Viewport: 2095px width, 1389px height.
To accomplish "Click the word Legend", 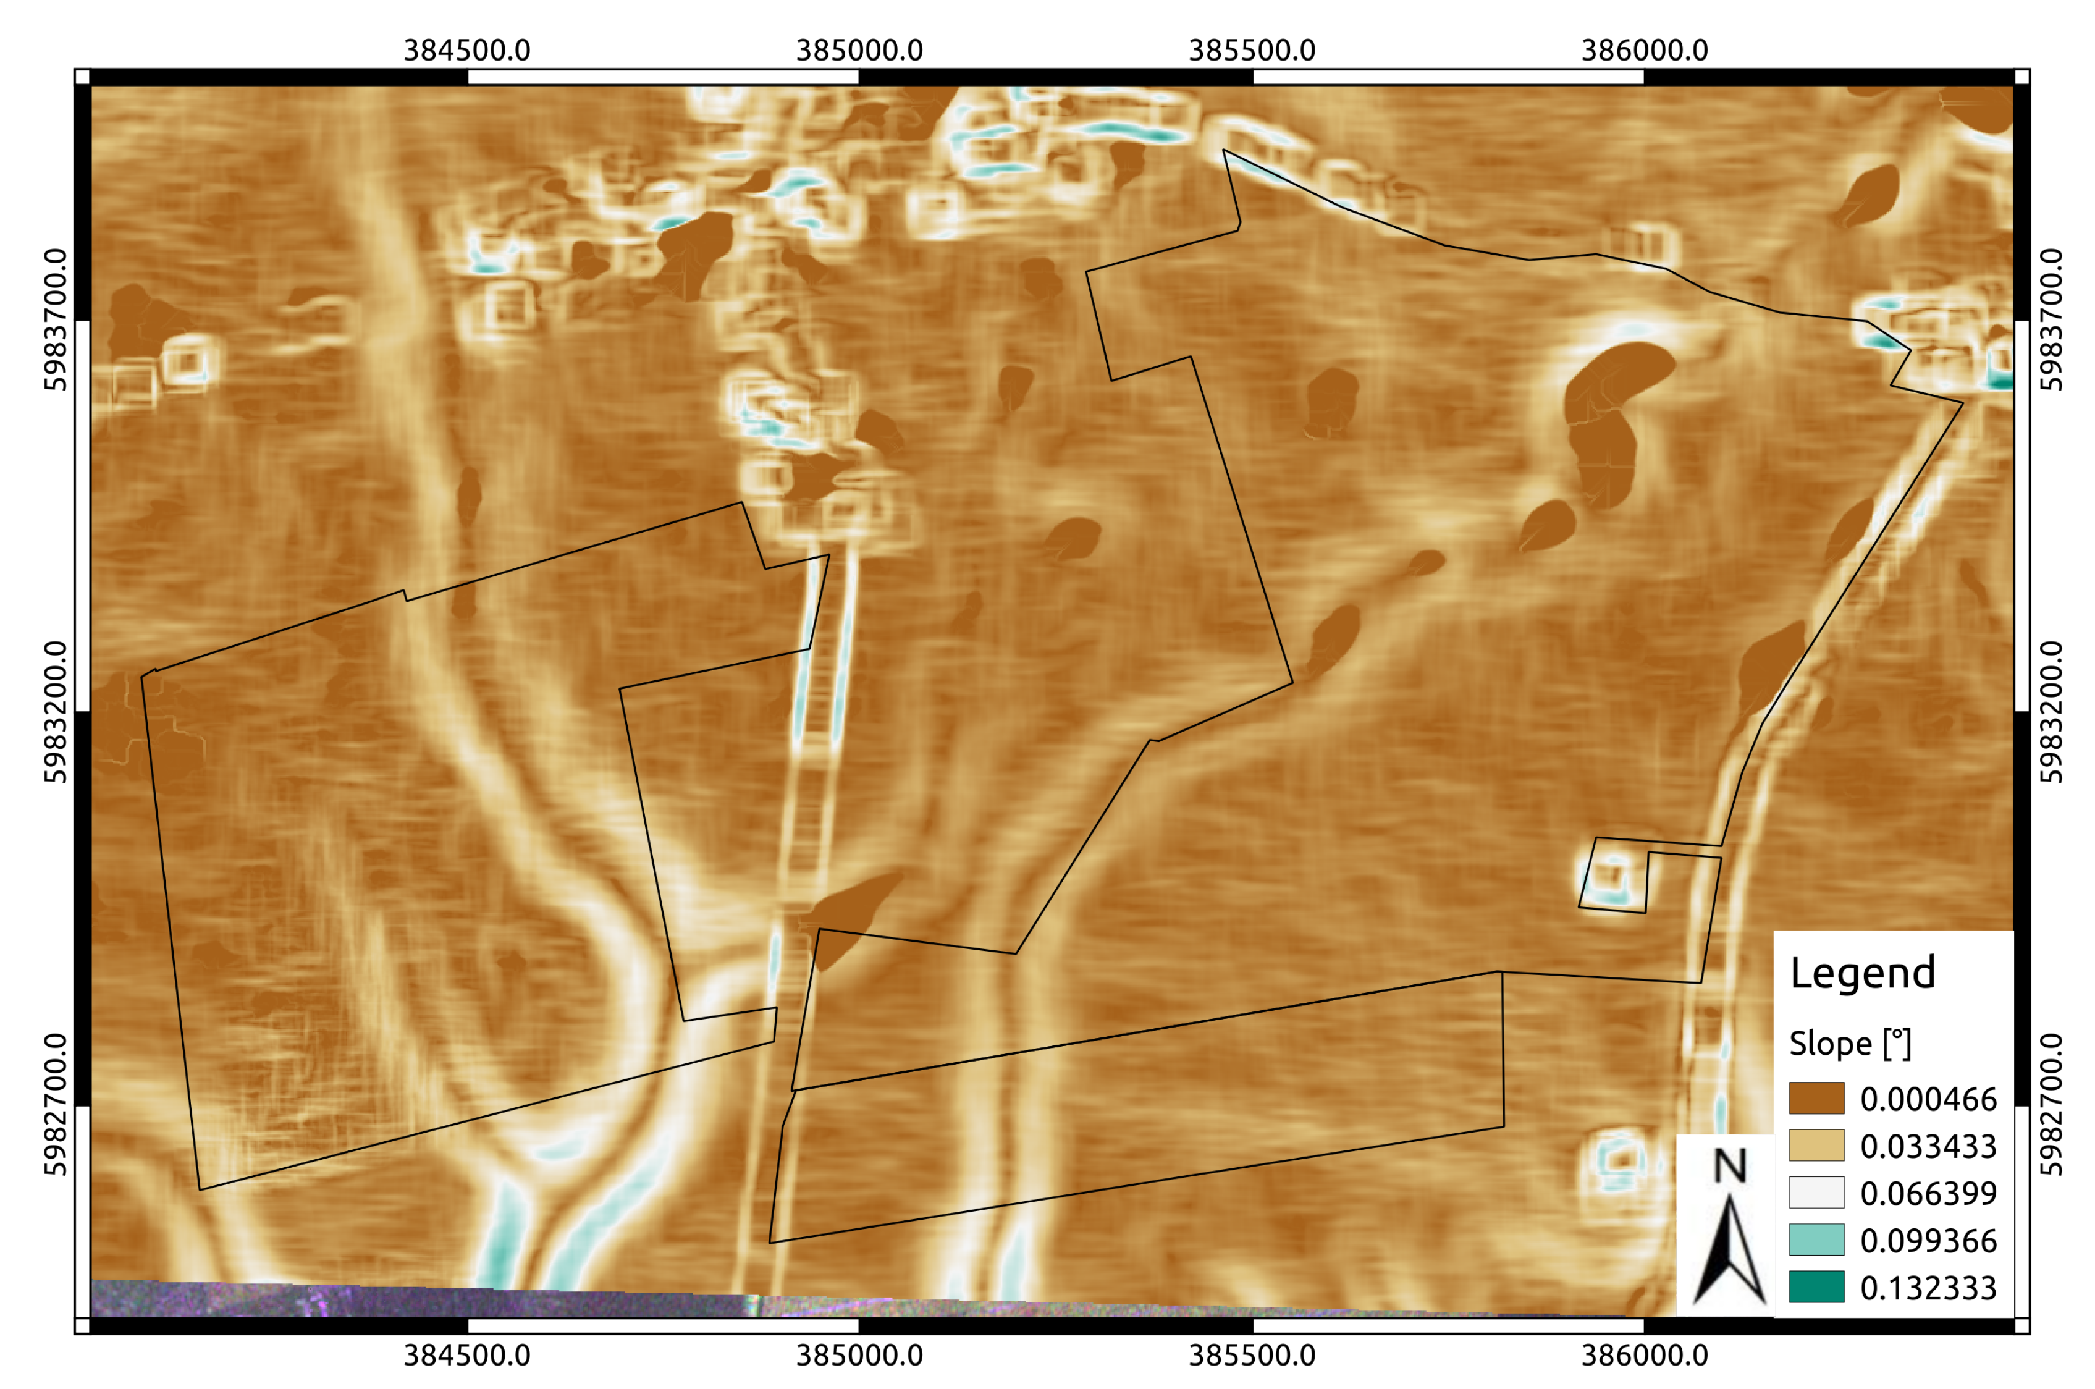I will point(1862,973).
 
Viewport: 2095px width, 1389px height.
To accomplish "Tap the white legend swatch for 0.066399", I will point(1816,1193).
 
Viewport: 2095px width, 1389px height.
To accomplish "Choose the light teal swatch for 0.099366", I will point(1816,1239).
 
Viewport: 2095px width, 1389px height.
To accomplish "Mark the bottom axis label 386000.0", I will point(1644,1356).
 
